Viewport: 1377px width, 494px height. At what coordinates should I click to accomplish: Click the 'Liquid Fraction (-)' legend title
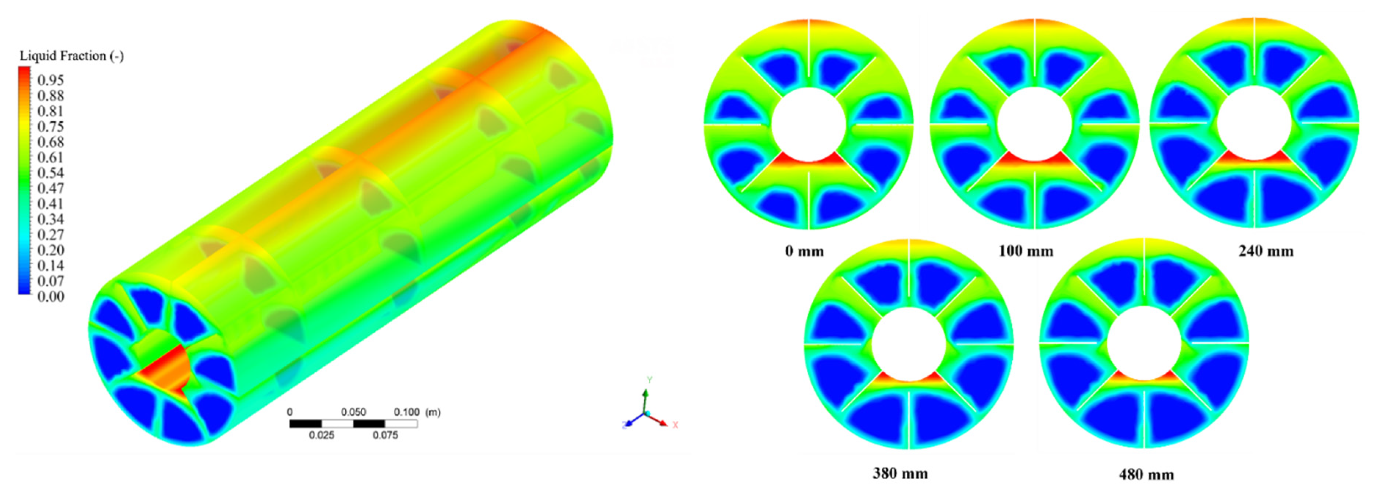[x=72, y=56]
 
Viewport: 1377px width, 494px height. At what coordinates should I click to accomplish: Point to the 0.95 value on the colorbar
[x=51, y=80]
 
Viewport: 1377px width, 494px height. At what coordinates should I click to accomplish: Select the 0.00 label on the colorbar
[x=51, y=297]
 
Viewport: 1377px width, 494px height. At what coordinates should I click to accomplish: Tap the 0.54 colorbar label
[x=51, y=173]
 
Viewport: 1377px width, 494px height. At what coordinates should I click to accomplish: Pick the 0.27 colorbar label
[x=51, y=235]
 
